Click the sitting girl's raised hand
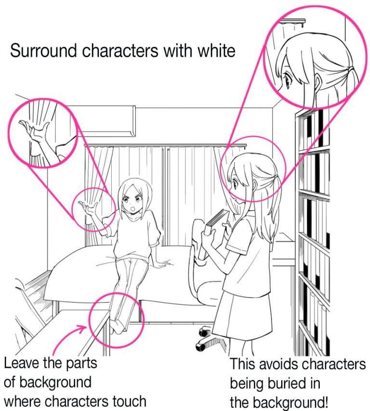pos(89,208)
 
